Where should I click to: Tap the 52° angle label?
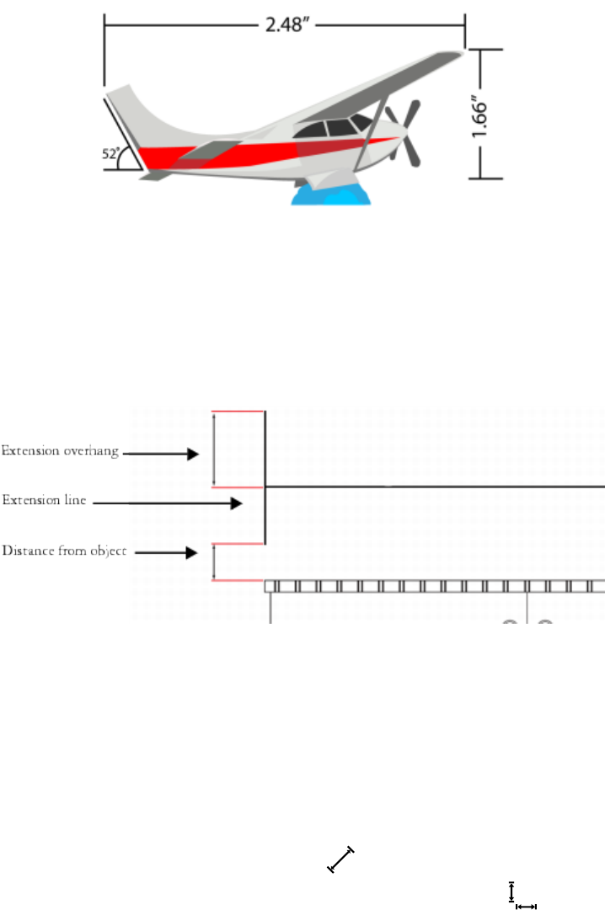coord(110,154)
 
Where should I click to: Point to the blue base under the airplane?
coord(331,195)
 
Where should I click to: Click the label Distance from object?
coord(64,551)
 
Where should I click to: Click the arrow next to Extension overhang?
coord(163,453)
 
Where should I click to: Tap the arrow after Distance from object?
coord(169,553)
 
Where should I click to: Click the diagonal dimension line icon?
coord(340,859)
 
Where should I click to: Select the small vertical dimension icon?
coord(511,891)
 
